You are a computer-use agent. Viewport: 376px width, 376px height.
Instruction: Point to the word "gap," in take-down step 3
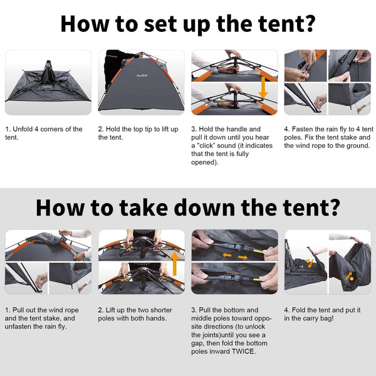tap(201, 343)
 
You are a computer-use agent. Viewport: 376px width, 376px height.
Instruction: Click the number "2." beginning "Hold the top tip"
tap(101, 129)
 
